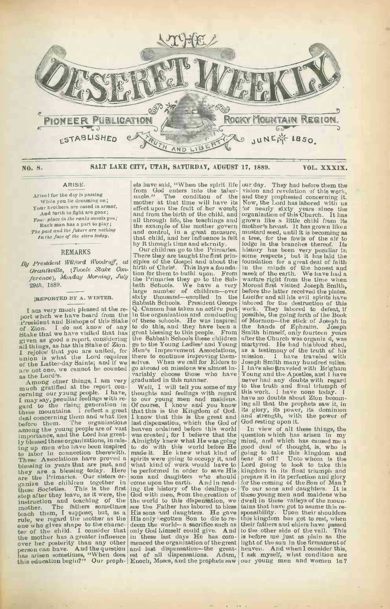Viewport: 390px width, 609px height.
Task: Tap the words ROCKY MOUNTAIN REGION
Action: tap(281, 119)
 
